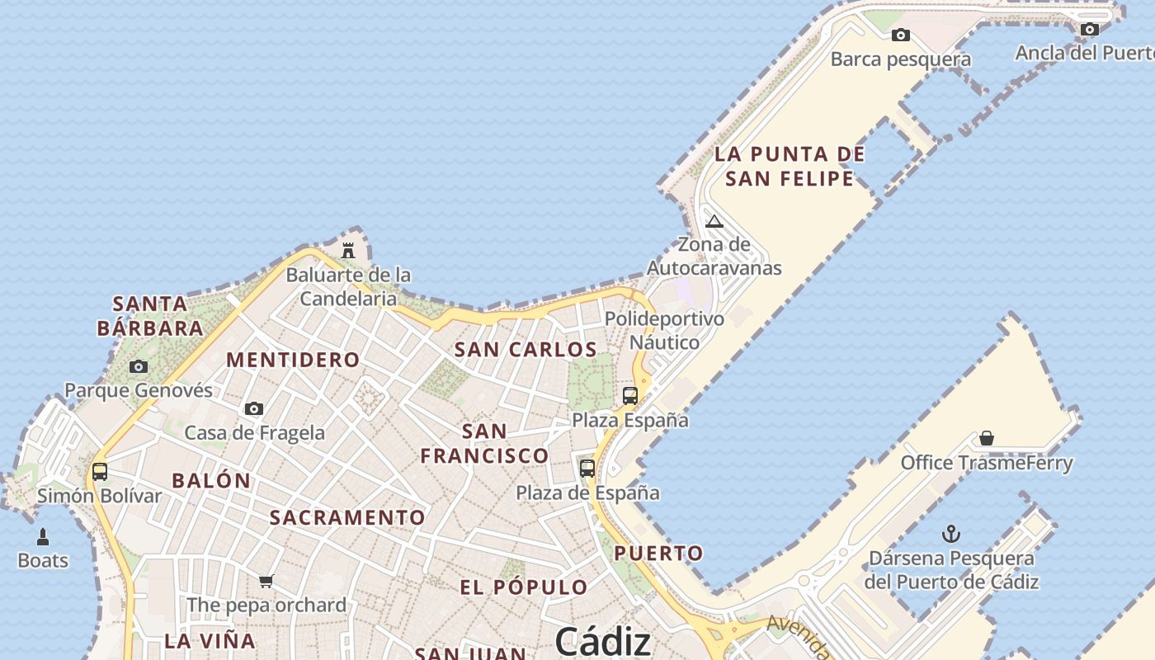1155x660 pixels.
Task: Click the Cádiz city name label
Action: pos(602,640)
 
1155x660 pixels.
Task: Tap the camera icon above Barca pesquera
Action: pos(901,35)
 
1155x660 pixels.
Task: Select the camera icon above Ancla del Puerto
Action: pos(1090,29)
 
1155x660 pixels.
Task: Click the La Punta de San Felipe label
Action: pos(790,166)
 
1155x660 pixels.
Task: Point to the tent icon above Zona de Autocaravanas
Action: pos(714,221)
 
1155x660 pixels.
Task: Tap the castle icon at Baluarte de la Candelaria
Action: pos(348,250)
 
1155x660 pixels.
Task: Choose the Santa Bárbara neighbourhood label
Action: pos(150,315)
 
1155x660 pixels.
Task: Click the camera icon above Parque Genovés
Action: pos(139,366)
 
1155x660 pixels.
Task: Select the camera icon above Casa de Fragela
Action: pos(254,408)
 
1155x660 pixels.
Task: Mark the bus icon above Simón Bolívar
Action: pos(100,472)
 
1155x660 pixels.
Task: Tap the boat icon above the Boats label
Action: pos(43,537)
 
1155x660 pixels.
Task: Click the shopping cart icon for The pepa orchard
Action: pos(266,581)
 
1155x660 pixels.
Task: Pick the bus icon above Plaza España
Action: pos(630,396)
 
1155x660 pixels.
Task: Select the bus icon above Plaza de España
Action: pos(587,469)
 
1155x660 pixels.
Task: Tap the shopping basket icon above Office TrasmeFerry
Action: pos(987,438)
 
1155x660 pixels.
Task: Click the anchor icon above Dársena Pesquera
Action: pos(951,534)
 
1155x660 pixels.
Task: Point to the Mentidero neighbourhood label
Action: pos(293,360)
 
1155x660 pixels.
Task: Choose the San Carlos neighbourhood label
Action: pos(526,349)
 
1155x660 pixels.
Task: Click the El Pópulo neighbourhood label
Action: pos(524,587)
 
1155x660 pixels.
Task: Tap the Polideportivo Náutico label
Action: pos(664,330)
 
